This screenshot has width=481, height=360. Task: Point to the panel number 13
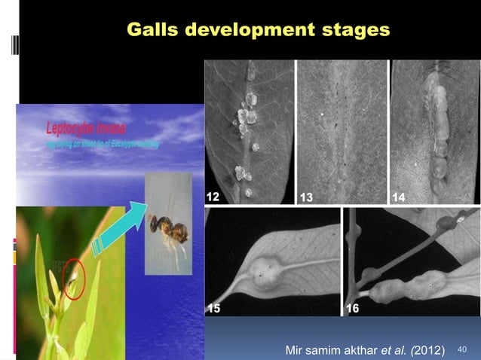point(306,197)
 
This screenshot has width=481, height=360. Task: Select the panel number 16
point(353,309)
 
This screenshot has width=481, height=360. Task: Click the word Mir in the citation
point(296,350)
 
